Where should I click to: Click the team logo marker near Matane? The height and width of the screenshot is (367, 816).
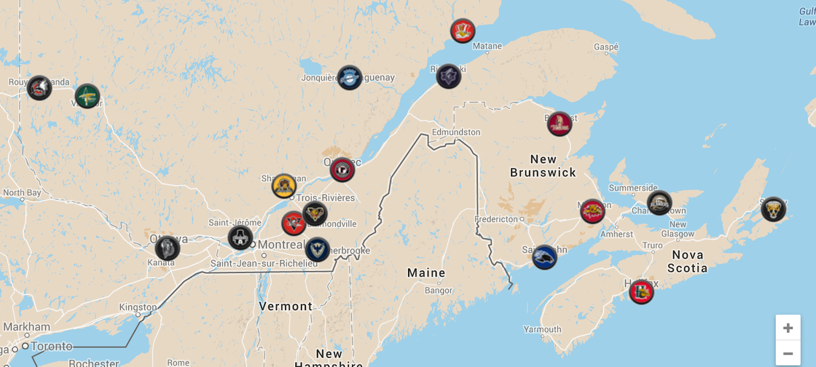coord(463,31)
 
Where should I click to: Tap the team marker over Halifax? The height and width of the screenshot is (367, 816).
coord(641,292)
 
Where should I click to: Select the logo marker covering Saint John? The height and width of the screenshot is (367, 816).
coord(544,257)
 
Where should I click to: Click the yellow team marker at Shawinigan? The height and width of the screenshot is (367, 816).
coord(284,186)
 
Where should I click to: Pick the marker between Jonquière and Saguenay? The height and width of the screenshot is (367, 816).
coord(349,78)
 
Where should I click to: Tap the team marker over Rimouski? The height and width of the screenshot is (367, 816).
coord(448,77)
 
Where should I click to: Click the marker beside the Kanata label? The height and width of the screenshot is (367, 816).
coord(167,249)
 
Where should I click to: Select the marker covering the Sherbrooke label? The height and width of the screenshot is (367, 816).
coord(317,250)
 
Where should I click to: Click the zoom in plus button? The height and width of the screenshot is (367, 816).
coord(788,328)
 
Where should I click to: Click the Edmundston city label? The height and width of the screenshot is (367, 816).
coord(456,132)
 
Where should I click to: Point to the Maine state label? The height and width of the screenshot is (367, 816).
coord(426,273)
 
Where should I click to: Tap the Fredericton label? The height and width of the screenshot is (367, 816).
coord(496,219)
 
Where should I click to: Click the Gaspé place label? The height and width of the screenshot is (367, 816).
coord(606,47)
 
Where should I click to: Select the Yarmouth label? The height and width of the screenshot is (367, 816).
coord(542,329)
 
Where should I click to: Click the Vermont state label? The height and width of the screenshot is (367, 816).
coord(286,306)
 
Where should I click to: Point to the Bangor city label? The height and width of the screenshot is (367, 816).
coord(439,290)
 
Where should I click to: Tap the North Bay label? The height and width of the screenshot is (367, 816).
coord(22,192)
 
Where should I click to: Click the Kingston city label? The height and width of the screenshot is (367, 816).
coord(138,307)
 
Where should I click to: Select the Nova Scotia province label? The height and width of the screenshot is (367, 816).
coord(687,261)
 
